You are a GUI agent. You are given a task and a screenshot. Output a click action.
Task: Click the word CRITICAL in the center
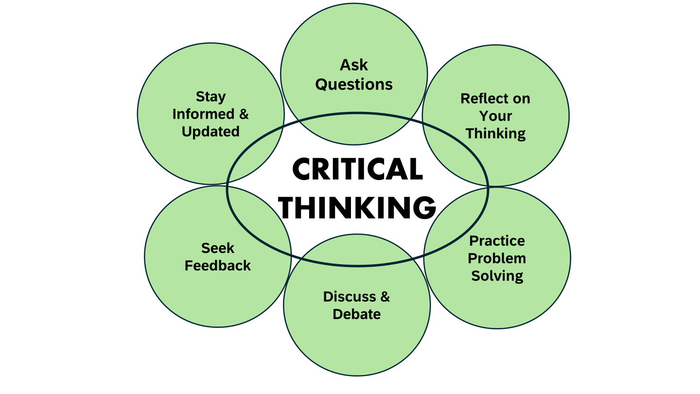pos(357,170)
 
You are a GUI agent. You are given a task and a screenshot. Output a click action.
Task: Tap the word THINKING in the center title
pos(358,208)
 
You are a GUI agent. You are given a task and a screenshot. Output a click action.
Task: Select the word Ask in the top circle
pos(354,65)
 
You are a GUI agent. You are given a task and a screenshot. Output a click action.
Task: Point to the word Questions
pos(354,84)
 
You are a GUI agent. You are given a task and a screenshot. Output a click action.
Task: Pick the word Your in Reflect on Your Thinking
pos(495,116)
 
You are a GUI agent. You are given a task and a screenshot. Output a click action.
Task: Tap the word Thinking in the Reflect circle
pos(495,133)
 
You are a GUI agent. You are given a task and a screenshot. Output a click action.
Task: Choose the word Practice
pos(497,241)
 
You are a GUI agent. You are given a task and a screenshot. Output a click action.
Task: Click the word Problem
pos(497,258)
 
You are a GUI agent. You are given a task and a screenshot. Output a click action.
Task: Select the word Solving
pos(497,276)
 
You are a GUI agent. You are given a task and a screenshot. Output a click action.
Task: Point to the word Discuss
pos(350,297)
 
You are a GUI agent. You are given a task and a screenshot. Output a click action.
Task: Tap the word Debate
pos(356,314)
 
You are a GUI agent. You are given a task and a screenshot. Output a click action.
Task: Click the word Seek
pos(218,248)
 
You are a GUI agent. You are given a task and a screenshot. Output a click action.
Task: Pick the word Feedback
pos(218,266)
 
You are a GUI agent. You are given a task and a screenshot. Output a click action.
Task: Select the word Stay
pos(210,96)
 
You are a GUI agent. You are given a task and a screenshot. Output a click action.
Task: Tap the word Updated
pos(210,131)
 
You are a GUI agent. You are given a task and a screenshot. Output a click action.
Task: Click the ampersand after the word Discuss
pos(385,297)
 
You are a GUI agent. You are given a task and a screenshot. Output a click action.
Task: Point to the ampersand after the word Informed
pos(243,114)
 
